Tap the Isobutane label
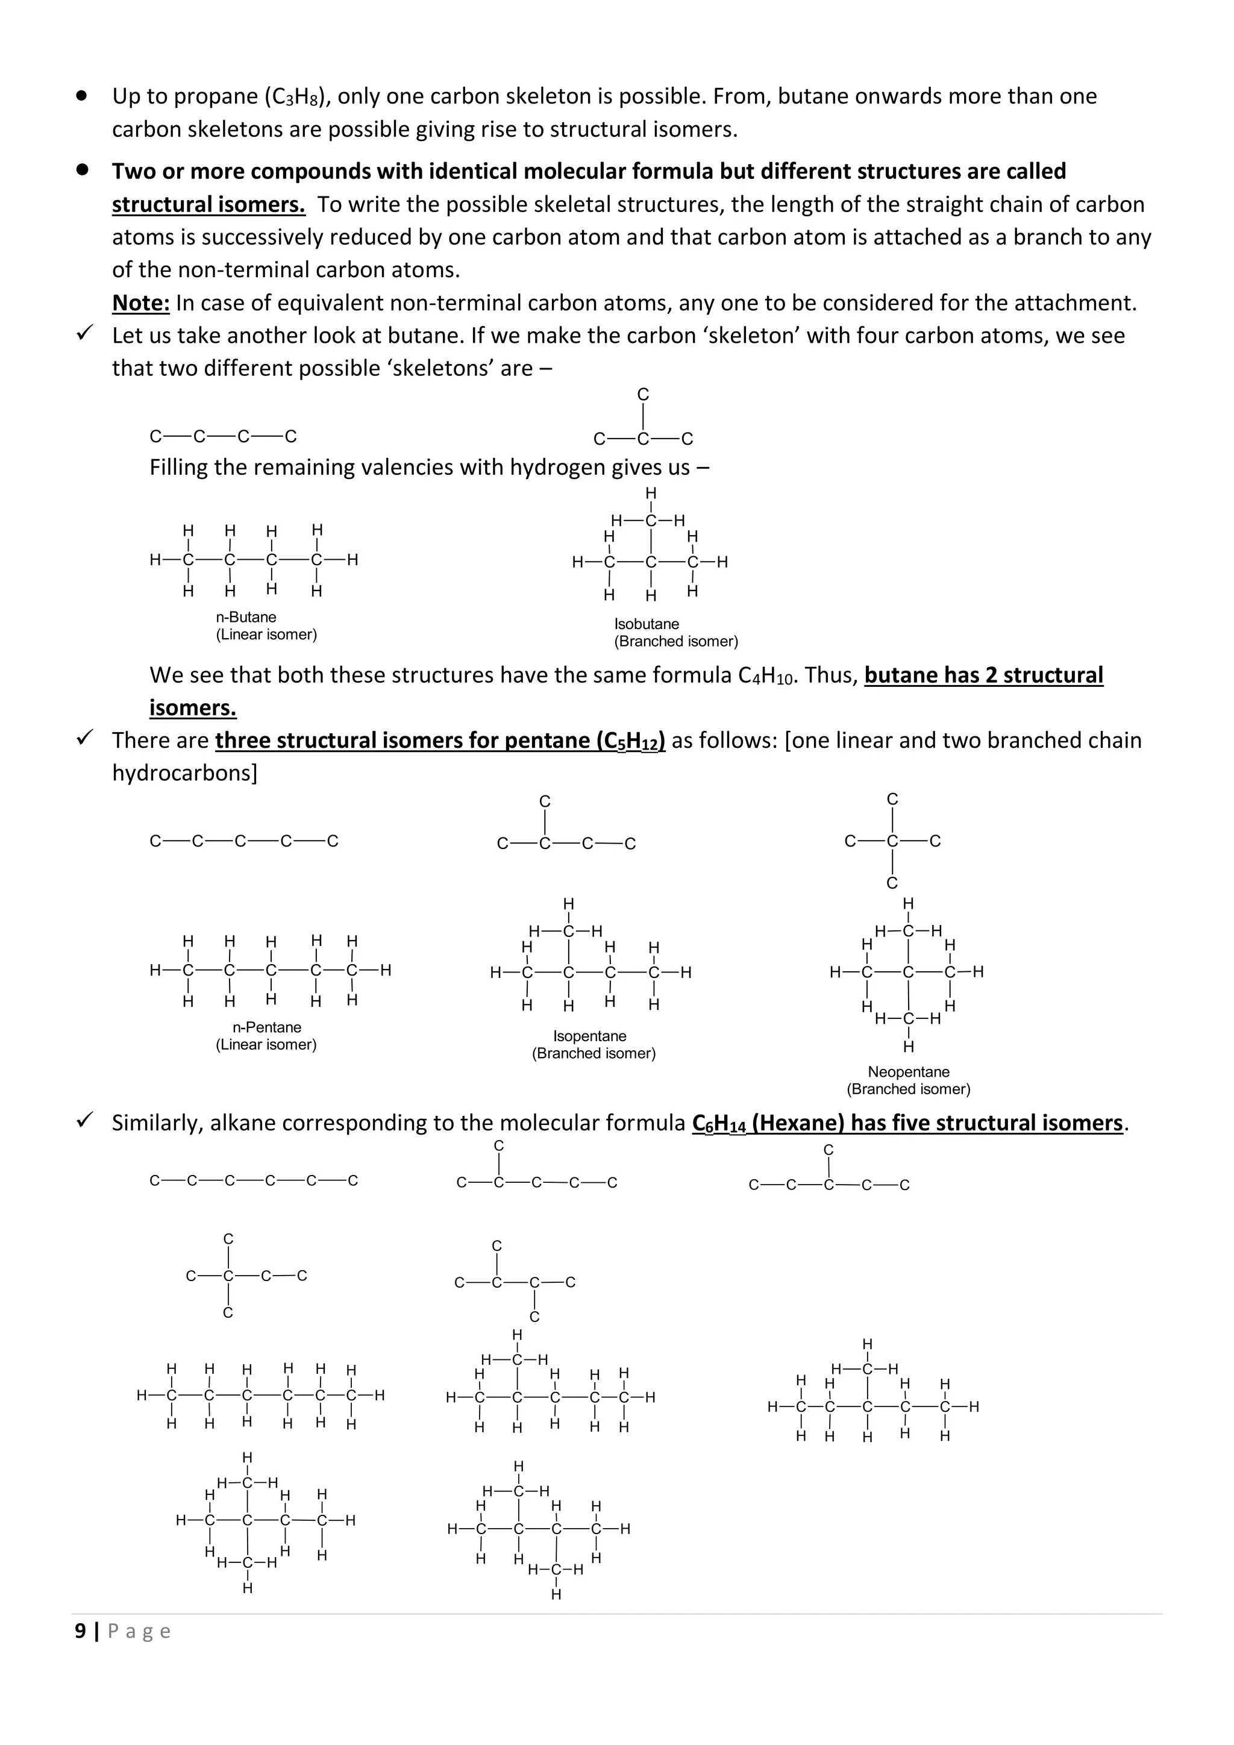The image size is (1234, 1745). (646, 624)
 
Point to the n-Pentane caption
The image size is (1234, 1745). (267, 1027)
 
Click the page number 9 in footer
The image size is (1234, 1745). (80, 1631)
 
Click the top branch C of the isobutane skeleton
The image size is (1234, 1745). (643, 395)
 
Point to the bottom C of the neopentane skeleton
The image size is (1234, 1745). (892, 883)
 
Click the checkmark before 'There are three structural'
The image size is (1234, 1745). (85, 737)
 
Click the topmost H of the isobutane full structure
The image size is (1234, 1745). (650, 494)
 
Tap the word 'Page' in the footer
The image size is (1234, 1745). (139, 1631)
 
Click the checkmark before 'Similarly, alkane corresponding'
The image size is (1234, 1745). (85, 1120)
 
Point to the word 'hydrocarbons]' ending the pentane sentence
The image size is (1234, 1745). (184, 773)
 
